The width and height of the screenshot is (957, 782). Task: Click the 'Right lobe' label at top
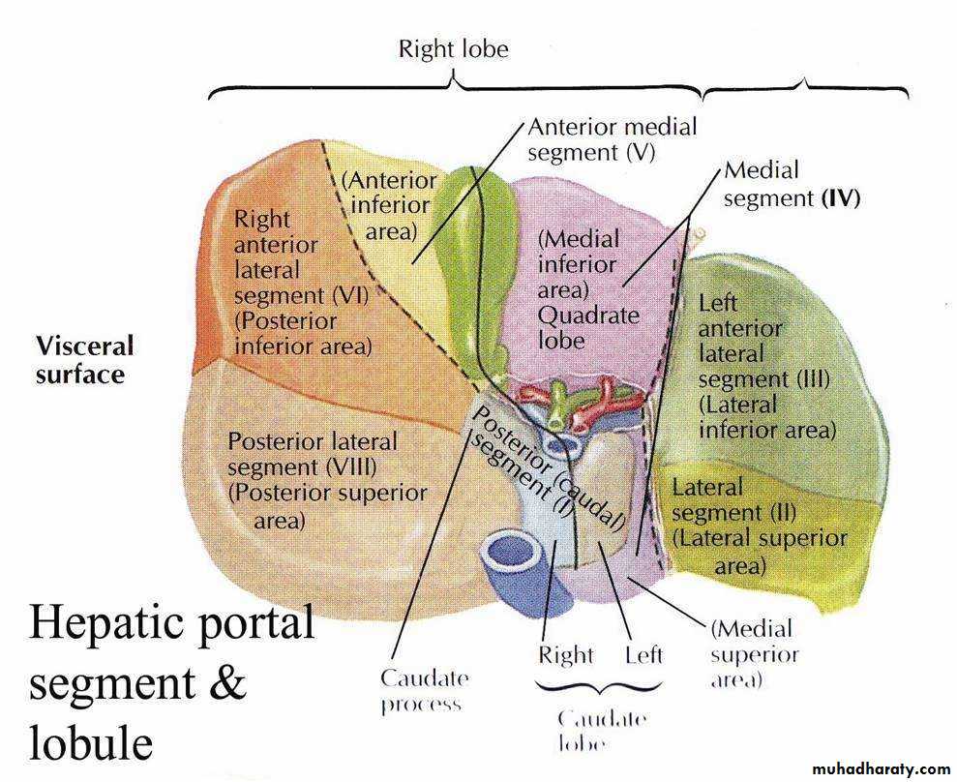coord(453,48)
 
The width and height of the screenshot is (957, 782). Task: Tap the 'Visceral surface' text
coord(84,359)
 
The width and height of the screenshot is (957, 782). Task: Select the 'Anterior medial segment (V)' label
coord(612,138)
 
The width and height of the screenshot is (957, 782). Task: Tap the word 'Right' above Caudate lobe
coord(566,655)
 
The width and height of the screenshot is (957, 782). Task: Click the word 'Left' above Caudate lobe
coord(643,655)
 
